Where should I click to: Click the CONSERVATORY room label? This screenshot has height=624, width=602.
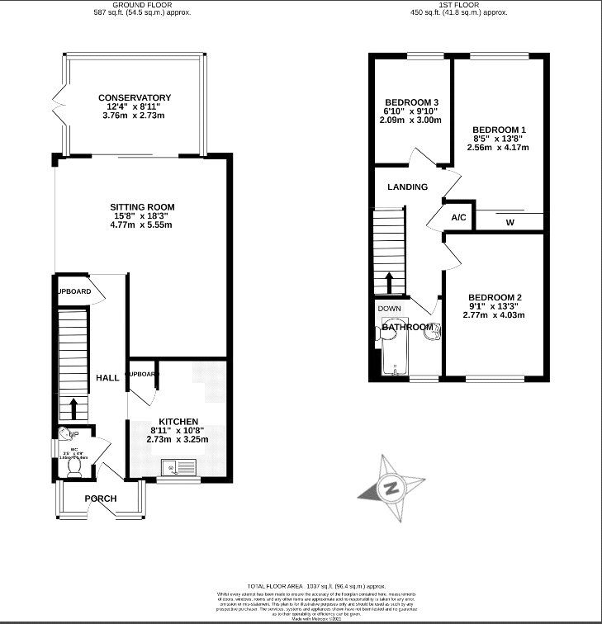pyautogui.click(x=134, y=97)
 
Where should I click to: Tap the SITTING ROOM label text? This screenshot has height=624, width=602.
pyautogui.click(x=143, y=206)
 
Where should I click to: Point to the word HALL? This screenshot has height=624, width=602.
pyautogui.click(x=107, y=377)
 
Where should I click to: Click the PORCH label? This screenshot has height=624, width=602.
pyautogui.click(x=101, y=499)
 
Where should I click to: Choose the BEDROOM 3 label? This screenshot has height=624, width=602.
pyautogui.click(x=410, y=102)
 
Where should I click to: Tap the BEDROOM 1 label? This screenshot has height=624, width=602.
pyautogui.click(x=499, y=130)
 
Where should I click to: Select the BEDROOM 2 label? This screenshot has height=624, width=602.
pyautogui.click(x=494, y=297)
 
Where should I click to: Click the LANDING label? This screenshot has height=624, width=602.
pyautogui.click(x=408, y=187)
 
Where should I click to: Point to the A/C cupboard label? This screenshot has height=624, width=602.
pyautogui.click(x=459, y=218)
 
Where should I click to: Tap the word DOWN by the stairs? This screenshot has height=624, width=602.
pyautogui.click(x=389, y=309)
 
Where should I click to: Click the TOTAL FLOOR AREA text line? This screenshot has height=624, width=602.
pyautogui.click(x=300, y=584)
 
